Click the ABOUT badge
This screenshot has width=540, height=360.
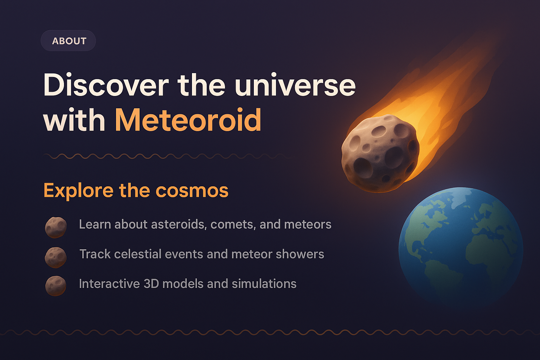click(x=69, y=41)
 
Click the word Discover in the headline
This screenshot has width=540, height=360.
click(x=106, y=85)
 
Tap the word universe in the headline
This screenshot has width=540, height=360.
click(x=295, y=85)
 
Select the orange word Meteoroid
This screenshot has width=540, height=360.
click(x=188, y=121)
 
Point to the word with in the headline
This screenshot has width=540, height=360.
click(x=74, y=121)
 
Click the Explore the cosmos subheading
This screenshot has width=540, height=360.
click(x=136, y=191)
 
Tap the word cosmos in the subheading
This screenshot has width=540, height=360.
click(x=192, y=191)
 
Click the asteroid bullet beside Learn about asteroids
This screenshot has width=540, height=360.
click(x=56, y=227)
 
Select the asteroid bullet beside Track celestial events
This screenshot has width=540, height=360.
click(x=56, y=257)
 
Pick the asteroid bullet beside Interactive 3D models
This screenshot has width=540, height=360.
click(x=56, y=285)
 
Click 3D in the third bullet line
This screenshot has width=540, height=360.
click(x=151, y=284)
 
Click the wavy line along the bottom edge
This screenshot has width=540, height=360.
click(x=270, y=332)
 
